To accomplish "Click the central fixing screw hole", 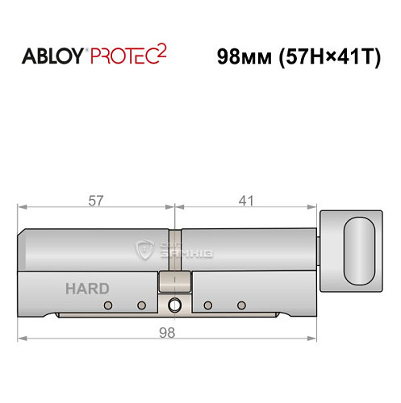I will [174, 305].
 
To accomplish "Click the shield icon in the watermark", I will [146, 251].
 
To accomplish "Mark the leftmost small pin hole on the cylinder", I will [107, 305].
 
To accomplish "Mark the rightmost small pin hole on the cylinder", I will [240, 305].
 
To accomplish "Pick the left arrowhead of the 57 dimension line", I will [22, 208].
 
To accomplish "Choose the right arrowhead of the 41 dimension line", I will [318, 208].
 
